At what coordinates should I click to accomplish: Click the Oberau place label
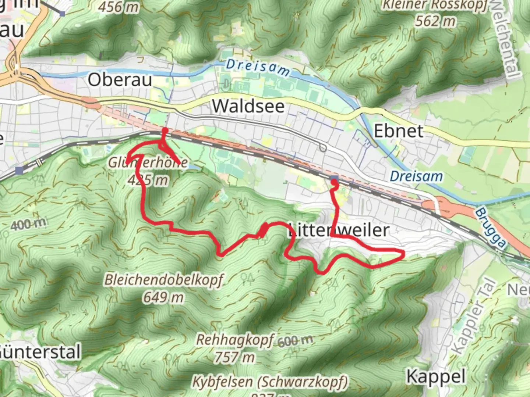tap(120, 80)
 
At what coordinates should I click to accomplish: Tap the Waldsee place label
tap(248, 106)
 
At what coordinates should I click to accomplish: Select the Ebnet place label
tap(399, 131)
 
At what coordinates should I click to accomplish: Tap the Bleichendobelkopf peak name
tap(164, 280)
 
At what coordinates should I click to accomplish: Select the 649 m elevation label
tap(163, 297)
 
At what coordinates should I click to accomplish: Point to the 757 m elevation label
tap(235, 357)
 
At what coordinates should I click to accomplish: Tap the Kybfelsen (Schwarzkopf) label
tap(270, 382)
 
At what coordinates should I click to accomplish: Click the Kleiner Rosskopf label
tap(435, 5)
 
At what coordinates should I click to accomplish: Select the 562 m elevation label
tap(435, 21)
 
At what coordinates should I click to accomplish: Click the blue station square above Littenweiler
tap(334, 179)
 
